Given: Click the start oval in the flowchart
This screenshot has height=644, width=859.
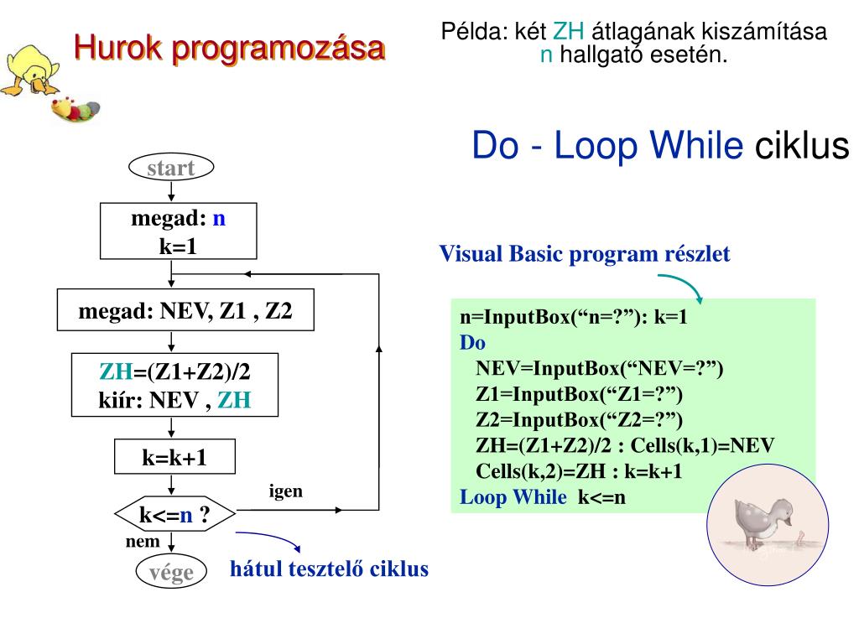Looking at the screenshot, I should (171, 168).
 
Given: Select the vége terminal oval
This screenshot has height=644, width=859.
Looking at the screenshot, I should (171, 572).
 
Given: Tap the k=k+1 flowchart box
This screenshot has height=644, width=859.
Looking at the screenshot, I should (174, 458).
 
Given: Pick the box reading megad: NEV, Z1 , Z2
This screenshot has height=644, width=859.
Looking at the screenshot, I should (185, 311).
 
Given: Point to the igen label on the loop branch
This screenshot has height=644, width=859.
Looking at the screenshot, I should (285, 491).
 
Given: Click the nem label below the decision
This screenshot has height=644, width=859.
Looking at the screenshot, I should (143, 542).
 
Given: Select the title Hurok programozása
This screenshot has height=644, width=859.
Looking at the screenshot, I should (229, 48).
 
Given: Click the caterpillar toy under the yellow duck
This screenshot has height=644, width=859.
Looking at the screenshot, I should (75, 109).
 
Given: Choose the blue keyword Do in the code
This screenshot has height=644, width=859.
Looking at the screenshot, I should (472, 343).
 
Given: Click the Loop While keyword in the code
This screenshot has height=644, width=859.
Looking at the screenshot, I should (513, 497).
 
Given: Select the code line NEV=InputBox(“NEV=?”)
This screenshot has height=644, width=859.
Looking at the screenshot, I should (599, 369).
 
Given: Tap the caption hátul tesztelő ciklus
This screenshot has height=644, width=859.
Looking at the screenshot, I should (329, 569).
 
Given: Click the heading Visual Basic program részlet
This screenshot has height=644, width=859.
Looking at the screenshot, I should (585, 253).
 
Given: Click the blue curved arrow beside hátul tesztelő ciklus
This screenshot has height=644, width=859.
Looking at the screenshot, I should (268, 542).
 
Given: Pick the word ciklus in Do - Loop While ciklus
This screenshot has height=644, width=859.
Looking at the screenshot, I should (802, 146).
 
